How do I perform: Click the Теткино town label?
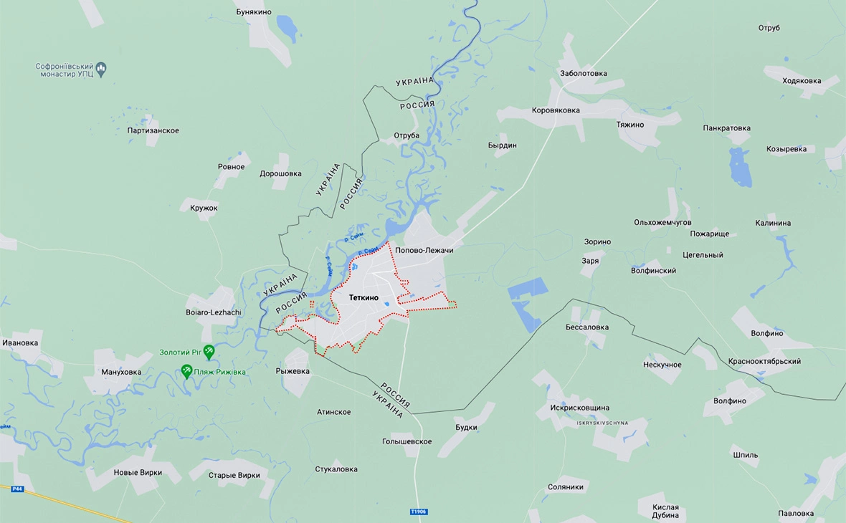click(x=363, y=297)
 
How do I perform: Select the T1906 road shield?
click(x=419, y=512)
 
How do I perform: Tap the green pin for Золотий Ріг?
click(x=209, y=352)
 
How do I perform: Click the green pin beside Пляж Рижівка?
click(x=187, y=371)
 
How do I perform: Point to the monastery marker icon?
click(x=101, y=69)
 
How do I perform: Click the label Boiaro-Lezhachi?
click(x=214, y=312)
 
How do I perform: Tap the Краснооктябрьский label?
click(x=764, y=361)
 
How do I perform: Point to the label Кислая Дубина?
click(x=665, y=512)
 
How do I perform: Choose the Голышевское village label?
click(x=407, y=441)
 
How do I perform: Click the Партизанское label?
click(x=153, y=130)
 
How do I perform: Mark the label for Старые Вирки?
click(x=234, y=475)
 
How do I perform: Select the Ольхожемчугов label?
click(x=662, y=223)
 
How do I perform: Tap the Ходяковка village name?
click(x=802, y=80)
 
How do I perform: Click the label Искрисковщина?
click(x=580, y=408)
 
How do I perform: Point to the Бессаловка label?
click(x=587, y=327)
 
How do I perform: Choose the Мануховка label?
click(x=120, y=372)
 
